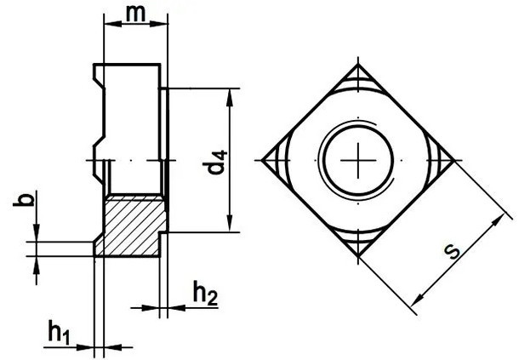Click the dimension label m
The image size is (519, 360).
point(136,14)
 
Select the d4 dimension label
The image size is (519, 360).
point(217,162)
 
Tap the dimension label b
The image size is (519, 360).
point(24,199)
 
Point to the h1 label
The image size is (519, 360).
point(60,332)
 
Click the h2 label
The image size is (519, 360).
point(205,293)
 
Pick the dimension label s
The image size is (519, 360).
point(452,252)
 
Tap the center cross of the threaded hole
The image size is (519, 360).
point(358,160)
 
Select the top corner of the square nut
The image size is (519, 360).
point(358,65)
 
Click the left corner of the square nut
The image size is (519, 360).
point(262,160)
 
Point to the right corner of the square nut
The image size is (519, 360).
point(454,160)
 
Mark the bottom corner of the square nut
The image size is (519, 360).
point(358,256)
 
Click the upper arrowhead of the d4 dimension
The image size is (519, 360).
point(230,97)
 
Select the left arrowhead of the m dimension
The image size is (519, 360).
point(113,24)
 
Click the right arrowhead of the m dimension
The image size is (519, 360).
point(159,24)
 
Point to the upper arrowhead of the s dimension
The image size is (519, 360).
point(498,220)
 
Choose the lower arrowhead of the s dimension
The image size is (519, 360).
point(418,299)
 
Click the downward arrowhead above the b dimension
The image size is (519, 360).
point(37,233)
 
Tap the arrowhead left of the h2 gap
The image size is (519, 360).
point(151,308)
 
